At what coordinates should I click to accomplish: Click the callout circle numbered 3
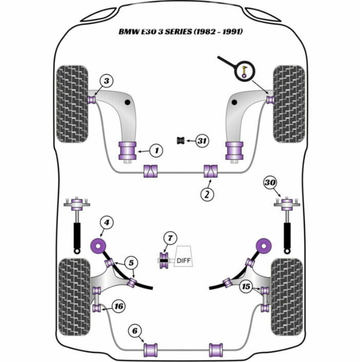pyautogui.click(x=106, y=81)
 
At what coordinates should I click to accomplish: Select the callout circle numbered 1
pyautogui.click(x=156, y=151)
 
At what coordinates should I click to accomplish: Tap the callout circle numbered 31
pyautogui.click(x=202, y=140)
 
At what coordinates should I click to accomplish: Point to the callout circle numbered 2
pyautogui.click(x=207, y=194)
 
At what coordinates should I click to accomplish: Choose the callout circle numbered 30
pyautogui.click(x=270, y=183)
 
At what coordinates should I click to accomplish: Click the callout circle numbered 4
pyautogui.click(x=106, y=223)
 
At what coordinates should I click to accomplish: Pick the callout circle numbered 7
pyautogui.click(x=170, y=238)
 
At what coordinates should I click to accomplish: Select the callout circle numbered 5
pyautogui.click(x=131, y=263)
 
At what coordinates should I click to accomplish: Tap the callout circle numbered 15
pyautogui.click(x=246, y=286)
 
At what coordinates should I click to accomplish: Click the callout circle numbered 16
pyautogui.click(x=119, y=306)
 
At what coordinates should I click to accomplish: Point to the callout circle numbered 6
pyautogui.click(x=135, y=331)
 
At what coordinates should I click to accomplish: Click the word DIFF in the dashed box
pyautogui.click(x=183, y=261)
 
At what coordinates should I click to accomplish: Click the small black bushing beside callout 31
pyautogui.click(x=181, y=140)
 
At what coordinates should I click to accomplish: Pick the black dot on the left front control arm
pyautogui.click(x=127, y=102)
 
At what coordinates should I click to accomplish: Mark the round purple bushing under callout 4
pyautogui.click(x=98, y=246)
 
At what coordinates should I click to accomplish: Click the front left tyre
pyautogui.click(x=72, y=104)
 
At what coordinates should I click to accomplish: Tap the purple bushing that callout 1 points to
pyautogui.click(x=127, y=151)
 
